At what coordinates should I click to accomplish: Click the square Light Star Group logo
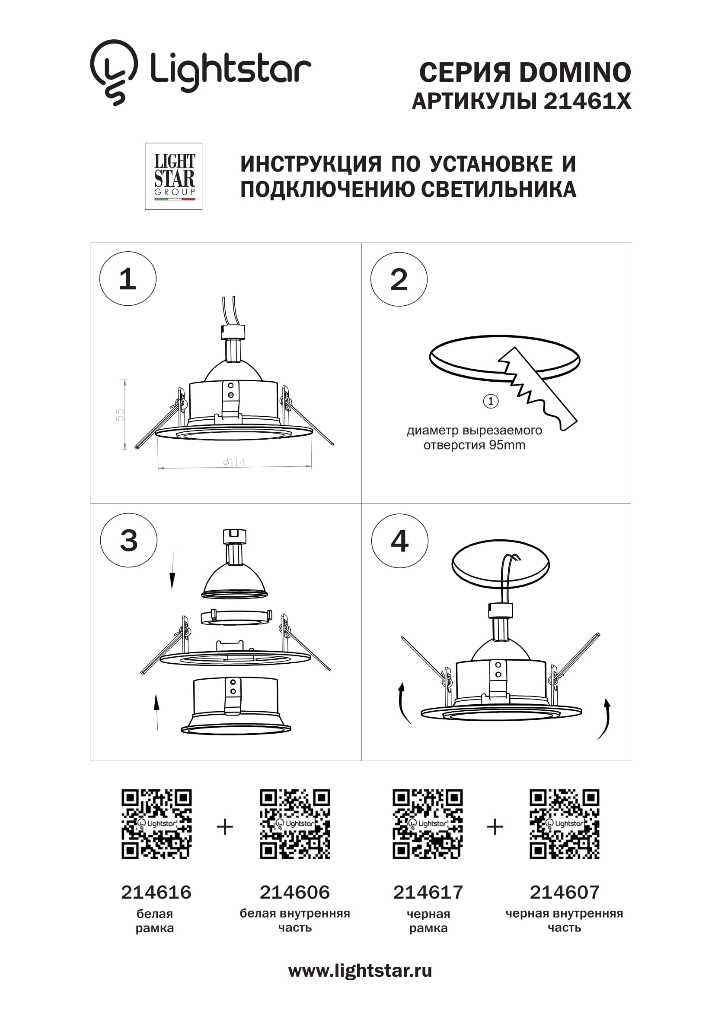tap(173, 177)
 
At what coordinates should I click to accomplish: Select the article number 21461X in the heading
tap(587, 101)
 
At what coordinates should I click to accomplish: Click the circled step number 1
tap(128, 279)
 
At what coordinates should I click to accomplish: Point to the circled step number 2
tap(399, 279)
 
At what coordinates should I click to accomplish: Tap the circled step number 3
tap(128, 540)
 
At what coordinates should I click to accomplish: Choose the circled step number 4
tap(400, 541)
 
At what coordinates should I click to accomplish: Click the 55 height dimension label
tap(120, 415)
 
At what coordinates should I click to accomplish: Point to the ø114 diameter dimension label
tap(234, 462)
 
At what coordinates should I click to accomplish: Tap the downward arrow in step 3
tap(172, 570)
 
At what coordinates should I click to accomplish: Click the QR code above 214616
tap(157, 824)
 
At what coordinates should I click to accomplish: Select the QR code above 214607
tap(565, 824)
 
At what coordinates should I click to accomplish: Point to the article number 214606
tap(294, 892)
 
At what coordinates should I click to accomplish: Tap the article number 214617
tap(428, 892)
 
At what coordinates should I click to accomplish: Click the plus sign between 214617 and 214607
tap(495, 826)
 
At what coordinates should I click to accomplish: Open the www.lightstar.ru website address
tap(360, 971)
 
